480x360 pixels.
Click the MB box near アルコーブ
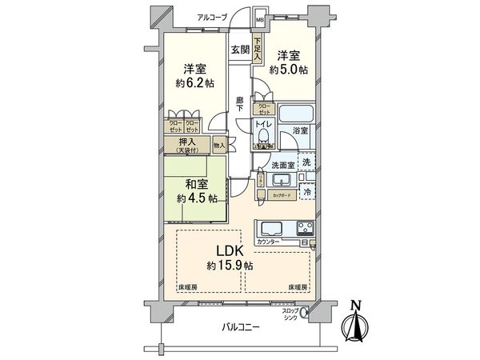pyautogui.click(x=260, y=20)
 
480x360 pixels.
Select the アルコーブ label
pyautogui.click(x=212, y=17)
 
